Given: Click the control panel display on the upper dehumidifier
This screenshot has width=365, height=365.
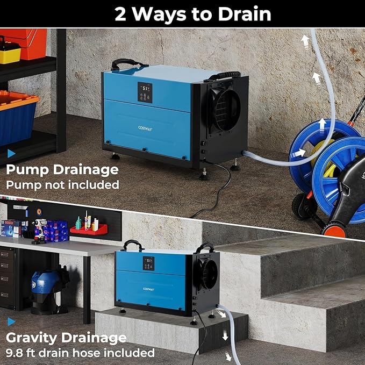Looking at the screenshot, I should pos(144,92).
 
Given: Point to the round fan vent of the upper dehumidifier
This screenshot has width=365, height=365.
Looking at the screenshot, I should pos(224,110).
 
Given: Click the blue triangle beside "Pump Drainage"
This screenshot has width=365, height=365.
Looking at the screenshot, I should pos(11,153).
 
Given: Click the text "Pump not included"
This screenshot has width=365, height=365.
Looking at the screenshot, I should pos(62,184).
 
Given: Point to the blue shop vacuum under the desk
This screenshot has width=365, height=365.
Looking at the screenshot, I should pos(46,290).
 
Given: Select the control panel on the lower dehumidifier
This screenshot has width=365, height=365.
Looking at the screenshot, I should pos(148,263).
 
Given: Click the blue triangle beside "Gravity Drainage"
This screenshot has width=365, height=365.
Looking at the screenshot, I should pos(11,321).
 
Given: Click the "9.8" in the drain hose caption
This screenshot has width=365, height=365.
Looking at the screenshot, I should pos(15,353).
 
